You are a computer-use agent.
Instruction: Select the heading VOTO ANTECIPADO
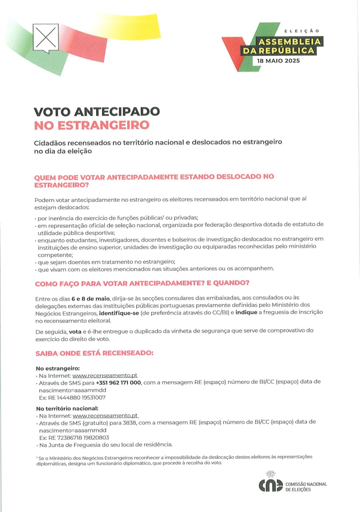97,112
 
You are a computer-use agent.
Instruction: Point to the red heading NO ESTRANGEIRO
92,125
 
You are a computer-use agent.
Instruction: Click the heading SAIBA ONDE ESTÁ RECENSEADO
94,353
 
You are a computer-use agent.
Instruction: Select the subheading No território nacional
67,408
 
